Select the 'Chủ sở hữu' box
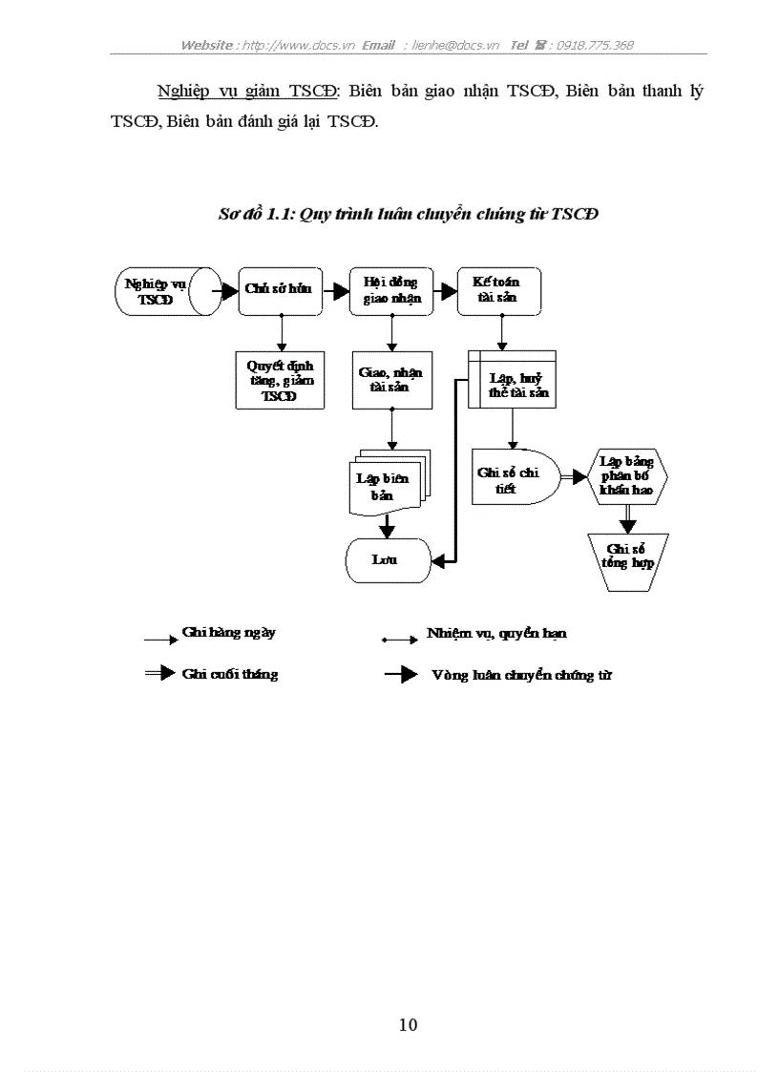click(x=280, y=290)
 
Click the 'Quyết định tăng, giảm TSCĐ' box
click(x=280, y=381)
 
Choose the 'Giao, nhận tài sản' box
click(x=391, y=381)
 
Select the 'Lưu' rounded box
click(x=387, y=559)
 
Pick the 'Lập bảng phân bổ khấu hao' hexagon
click(x=627, y=476)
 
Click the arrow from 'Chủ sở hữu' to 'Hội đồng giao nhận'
click(x=336, y=290)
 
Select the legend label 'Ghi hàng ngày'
click(x=229, y=633)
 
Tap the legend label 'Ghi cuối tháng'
click(x=230, y=674)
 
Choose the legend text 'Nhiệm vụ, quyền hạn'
click(x=497, y=634)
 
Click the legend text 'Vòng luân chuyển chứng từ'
click(x=521, y=675)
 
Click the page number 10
click(x=408, y=1025)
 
